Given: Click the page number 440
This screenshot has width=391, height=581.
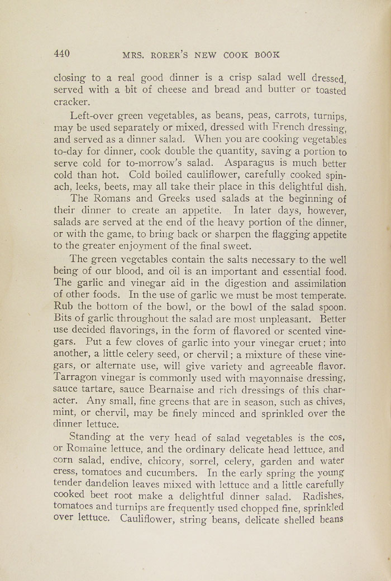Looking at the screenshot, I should point(61,54).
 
